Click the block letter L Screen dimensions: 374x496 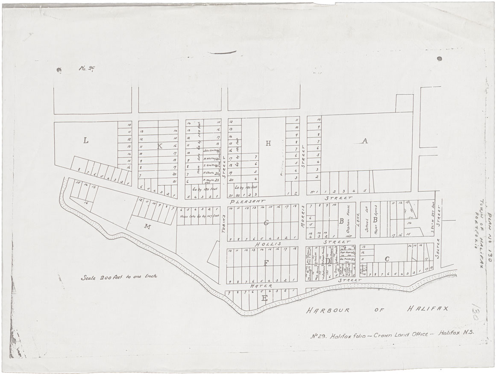85,140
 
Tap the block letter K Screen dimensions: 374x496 160,146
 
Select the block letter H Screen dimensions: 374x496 268,143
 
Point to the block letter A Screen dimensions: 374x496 365,141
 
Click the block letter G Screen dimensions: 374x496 266,222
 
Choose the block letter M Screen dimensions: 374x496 147,227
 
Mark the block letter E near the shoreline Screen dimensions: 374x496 264,298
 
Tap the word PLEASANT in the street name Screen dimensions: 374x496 247,201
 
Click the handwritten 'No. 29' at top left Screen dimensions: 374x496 86,68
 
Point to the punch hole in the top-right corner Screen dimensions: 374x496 439,58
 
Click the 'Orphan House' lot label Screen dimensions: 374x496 347,224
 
